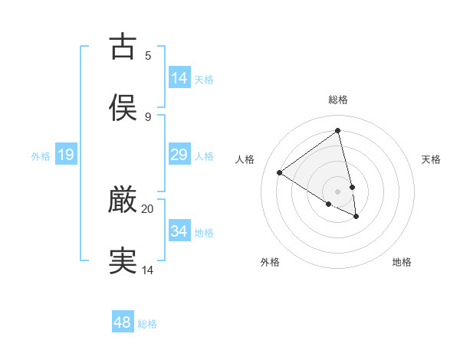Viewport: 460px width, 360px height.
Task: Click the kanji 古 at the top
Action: pyautogui.click(x=123, y=47)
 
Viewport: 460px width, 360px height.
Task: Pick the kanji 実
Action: pyautogui.click(x=123, y=260)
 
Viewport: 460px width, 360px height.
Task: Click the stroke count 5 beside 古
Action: pyautogui.click(x=148, y=56)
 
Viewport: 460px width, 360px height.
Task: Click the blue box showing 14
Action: pyautogui.click(x=179, y=78)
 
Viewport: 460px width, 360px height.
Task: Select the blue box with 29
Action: pyautogui.click(x=179, y=155)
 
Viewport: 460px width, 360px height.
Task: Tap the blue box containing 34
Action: pyautogui.click(x=179, y=231)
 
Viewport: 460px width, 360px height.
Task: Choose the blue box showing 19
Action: pyautogui.click(x=66, y=155)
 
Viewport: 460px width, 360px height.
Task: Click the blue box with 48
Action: pyautogui.click(x=122, y=322)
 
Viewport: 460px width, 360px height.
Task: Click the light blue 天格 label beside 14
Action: pyautogui.click(x=204, y=80)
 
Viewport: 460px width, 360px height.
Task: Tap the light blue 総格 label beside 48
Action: pyautogui.click(x=147, y=324)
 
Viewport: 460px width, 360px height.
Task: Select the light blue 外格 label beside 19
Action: pyautogui.click(x=41, y=156)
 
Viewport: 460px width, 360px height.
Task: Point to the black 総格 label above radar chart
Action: pyautogui.click(x=338, y=100)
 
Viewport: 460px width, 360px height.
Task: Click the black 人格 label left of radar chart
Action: pyautogui.click(x=245, y=159)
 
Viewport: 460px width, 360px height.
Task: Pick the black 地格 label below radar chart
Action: pyautogui.click(x=402, y=262)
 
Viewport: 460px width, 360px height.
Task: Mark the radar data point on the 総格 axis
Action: pyautogui.click(x=338, y=130)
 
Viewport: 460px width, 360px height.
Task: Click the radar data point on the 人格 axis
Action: pyautogui.click(x=279, y=172)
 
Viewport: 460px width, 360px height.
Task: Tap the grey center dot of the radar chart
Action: pyautogui.click(x=338, y=191)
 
